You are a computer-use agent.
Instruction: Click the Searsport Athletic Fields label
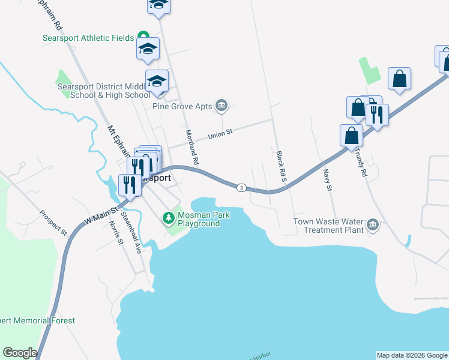click(x=88, y=38)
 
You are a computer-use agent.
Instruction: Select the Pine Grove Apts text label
click(x=182, y=106)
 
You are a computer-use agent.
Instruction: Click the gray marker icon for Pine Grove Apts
click(x=221, y=106)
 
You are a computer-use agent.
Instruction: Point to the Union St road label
click(x=220, y=135)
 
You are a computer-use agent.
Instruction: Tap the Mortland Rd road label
click(x=191, y=148)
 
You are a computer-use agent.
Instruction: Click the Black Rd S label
click(x=280, y=166)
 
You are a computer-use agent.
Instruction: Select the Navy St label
click(x=327, y=179)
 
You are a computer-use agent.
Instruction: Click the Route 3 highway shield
click(x=241, y=188)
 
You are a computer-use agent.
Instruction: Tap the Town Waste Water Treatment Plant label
click(x=328, y=226)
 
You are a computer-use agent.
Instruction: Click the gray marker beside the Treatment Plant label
click(x=373, y=225)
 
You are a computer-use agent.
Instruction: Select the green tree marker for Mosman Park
click(x=168, y=217)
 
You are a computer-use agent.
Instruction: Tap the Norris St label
click(x=116, y=233)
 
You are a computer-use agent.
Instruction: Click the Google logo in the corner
click(x=20, y=353)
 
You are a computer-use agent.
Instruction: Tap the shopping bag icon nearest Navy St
click(x=351, y=137)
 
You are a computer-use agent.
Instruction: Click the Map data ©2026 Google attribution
click(x=412, y=355)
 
